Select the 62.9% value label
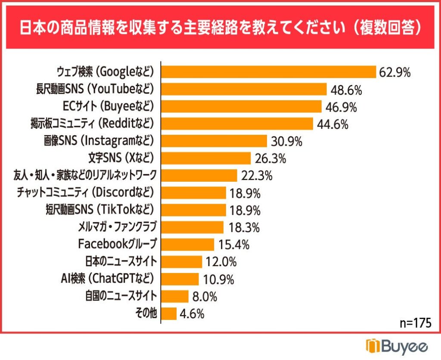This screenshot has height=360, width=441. pos(394,72)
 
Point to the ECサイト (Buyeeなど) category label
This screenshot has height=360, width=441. pos(109,106)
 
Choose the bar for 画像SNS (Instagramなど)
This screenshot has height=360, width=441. pos(216,141)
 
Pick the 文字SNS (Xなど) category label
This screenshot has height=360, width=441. pos(121,158)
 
